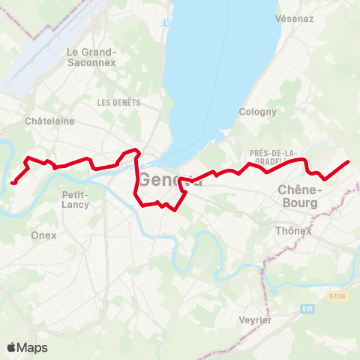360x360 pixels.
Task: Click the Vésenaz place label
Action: click(294, 18)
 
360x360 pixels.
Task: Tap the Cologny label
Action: click(258, 112)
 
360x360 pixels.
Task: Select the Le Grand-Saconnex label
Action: click(91, 57)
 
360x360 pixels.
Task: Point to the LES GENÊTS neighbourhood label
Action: click(115, 101)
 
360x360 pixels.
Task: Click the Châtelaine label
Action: click(49, 121)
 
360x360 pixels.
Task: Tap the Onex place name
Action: click(43, 235)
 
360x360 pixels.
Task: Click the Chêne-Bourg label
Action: click(299, 196)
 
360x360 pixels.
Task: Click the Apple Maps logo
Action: click(27, 347)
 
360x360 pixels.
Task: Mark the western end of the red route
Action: click(13, 181)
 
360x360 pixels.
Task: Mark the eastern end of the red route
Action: click(348, 162)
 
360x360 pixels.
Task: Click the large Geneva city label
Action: click(169, 180)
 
